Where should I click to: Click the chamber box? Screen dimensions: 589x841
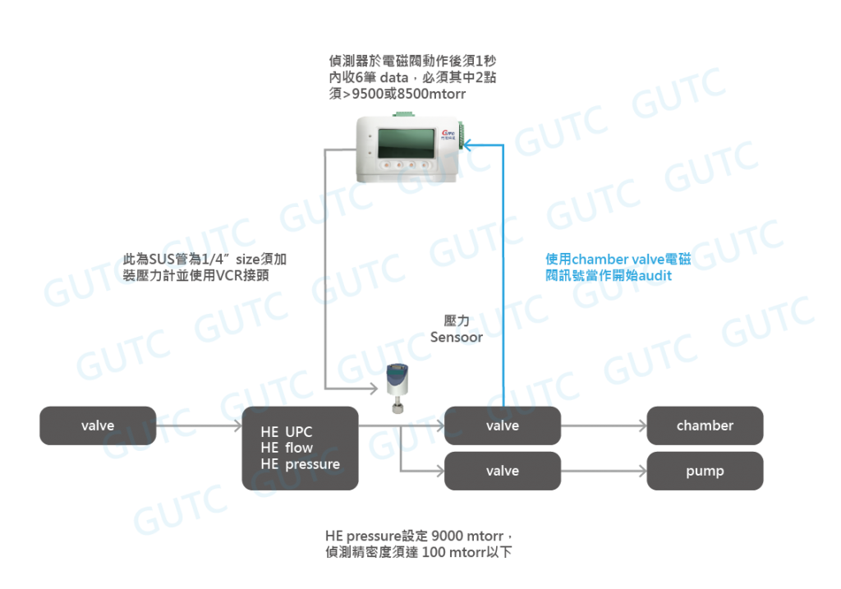(x=705, y=426)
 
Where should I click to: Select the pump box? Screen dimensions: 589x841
(x=705, y=471)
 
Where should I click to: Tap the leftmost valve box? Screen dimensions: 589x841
(x=97, y=426)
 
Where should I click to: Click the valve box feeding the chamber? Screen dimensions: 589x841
(x=502, y=426)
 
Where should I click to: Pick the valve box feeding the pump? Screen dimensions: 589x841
(x=502, y=471)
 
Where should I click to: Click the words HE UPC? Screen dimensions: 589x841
(x=287, y=432)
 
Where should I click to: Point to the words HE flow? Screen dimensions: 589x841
(x=287, y=448)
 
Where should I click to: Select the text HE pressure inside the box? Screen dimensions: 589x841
(x=300, y=464)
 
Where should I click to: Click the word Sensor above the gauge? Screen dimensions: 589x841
(x=456, y=337)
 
